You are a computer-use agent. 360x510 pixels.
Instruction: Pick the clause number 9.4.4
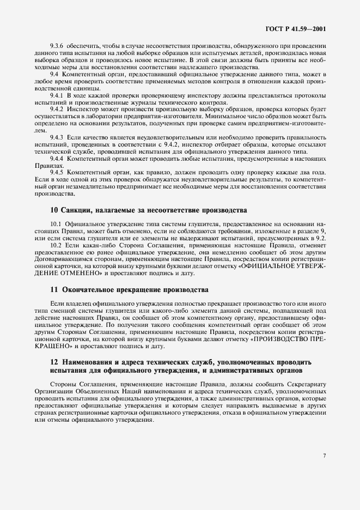[x=57, y=158]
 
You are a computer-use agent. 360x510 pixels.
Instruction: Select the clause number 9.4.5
[x=57, y=173]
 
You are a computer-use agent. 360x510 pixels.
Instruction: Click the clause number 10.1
[x=56, y=224]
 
